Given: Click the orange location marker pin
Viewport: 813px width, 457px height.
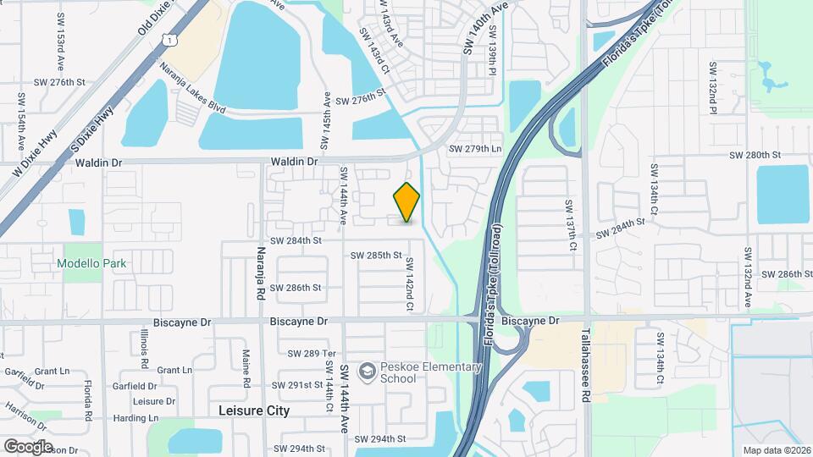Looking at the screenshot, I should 407,201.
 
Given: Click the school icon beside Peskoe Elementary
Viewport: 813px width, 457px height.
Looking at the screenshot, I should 367,372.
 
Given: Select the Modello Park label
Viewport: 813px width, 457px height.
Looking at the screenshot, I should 91,263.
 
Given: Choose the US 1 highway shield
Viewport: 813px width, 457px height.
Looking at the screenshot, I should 172,40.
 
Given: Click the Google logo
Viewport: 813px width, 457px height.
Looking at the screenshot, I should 28,446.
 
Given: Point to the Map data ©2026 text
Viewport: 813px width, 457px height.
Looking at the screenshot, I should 776,450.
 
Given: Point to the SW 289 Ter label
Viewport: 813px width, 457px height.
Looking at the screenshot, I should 312,353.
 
